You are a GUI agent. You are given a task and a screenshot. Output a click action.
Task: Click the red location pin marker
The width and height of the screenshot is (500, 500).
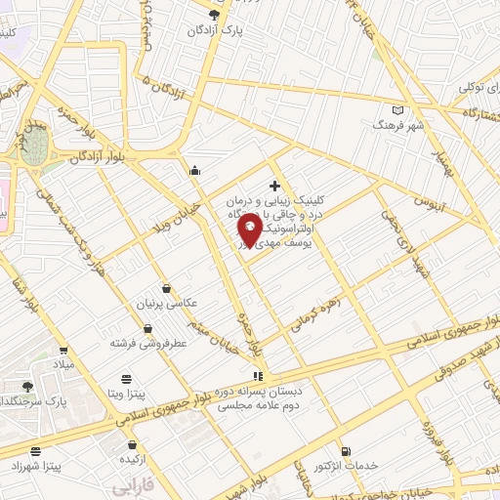click(x=249, y=230)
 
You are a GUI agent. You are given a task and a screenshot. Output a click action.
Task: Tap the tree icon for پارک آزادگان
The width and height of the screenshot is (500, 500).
click(x=214, y=14)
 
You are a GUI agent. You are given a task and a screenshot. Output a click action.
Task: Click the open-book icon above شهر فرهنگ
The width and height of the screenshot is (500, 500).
click(x=396, y=111)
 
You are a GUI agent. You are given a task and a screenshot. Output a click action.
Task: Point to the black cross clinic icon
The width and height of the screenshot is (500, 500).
click(x=274, y=186)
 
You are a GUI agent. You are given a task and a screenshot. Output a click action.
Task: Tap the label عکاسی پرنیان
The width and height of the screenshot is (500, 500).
click(x=158, y=304)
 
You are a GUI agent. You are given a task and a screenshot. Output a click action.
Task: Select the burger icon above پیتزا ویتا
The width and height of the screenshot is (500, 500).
click(x=125, y=379)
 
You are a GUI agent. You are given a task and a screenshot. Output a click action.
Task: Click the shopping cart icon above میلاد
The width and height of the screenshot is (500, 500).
click(x=62, y=351)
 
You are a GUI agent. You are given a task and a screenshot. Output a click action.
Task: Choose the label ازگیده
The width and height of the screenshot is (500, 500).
click(x=133, y=458)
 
